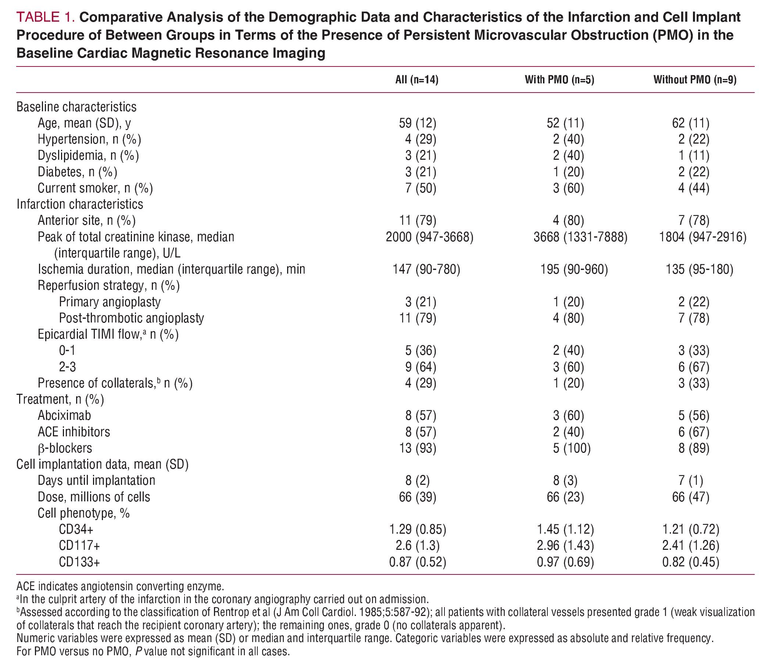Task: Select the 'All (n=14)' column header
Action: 417,80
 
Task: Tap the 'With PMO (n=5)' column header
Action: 559,80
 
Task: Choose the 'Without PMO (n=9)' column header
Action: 695,80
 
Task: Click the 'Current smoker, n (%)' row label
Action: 95,188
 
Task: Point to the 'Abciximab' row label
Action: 64,415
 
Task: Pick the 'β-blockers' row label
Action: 65,448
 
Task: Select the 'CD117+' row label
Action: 79,545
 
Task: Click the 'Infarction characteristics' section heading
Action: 80,204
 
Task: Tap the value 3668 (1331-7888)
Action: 580,237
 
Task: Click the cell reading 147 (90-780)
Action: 426,270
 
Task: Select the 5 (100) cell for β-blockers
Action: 572,448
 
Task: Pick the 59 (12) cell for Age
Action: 417,123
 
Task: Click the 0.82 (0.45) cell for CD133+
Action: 690,562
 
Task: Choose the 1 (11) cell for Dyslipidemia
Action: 694,156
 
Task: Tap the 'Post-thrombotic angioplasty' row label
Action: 132,318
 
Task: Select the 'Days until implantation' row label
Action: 96,480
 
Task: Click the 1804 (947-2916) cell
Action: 703,237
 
